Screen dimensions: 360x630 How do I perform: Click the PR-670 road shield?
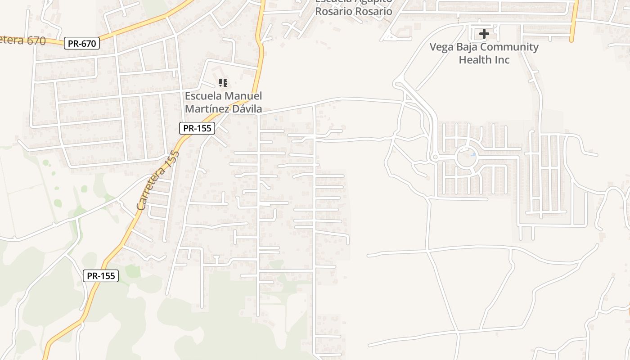[x=81, y=44]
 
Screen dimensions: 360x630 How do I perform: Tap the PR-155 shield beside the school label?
[x=198, y=128]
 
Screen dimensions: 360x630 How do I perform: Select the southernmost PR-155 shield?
[x=101, y=276]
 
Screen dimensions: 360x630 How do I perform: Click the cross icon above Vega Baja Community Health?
[x=484, y=34]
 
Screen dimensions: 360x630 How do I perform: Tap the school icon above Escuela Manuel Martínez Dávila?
[x=223, y=83]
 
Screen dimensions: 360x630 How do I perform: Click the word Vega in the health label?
[x=441, y=47]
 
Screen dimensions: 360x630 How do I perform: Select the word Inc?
[x=501, y=59]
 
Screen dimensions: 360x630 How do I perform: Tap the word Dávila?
[x=247, y=109]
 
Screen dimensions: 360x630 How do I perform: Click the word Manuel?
[x=243, y=96]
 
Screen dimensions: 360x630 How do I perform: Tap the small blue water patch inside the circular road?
[x=473, y=154]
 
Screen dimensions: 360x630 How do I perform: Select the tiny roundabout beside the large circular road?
[x=435, y=157]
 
